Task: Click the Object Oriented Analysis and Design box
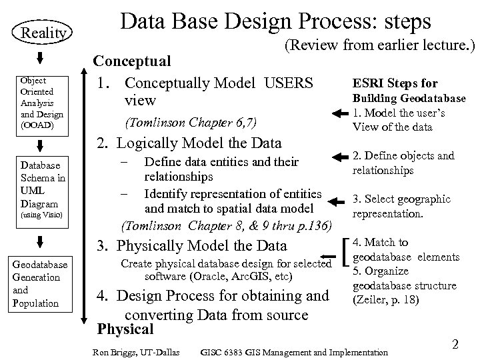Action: [42, 102]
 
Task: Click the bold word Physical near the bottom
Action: [125, 329]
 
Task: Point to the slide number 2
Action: [455, 344]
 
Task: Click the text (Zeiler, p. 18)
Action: [385, 300]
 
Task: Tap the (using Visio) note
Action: [41, 215]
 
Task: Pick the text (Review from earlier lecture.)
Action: [379, 45]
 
